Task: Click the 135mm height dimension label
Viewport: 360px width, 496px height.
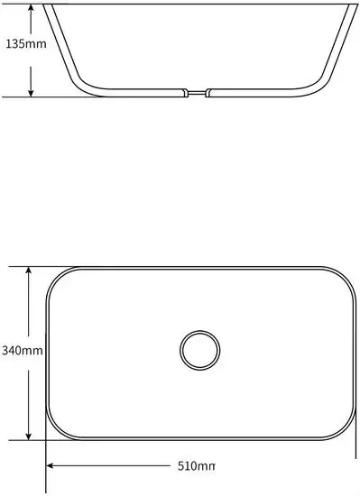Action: (26, 43)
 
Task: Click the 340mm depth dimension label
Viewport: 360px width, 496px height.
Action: (23, 351)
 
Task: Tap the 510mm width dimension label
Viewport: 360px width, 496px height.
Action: (196, 466)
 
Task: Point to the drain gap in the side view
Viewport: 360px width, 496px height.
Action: (197, 93)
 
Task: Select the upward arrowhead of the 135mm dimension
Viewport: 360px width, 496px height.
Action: (31, 9)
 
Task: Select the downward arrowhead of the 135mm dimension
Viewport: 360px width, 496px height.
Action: (31, 92)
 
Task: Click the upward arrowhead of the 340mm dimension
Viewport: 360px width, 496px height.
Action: (29, 271)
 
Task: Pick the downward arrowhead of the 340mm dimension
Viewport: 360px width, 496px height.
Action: (29, 435)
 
